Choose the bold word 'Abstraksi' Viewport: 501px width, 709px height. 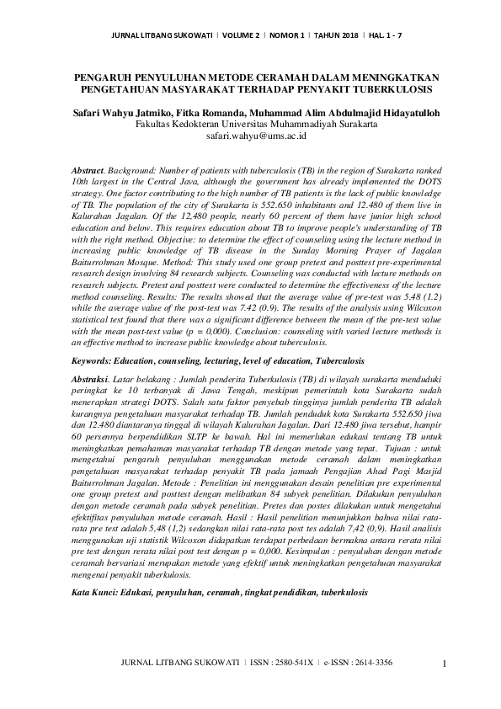pos(95,381)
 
